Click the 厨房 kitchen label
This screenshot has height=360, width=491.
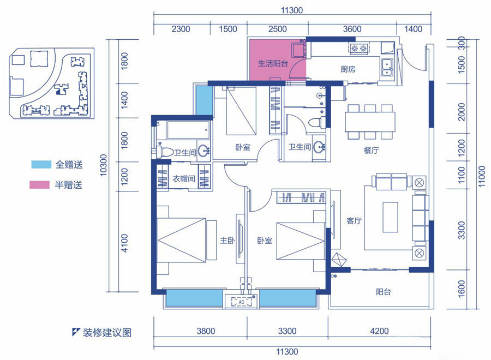348,69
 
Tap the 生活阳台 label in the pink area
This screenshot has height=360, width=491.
273,64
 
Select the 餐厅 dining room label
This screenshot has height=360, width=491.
371,150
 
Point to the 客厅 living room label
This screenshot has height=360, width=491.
354,221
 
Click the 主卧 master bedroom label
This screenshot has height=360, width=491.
227,241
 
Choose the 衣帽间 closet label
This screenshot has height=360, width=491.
184,179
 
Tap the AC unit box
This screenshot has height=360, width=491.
241,302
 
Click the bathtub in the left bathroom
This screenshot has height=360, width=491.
188,130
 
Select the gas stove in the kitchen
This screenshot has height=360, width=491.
359,48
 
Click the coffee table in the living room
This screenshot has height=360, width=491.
390,217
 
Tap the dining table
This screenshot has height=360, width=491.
370,122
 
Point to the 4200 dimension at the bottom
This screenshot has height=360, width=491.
379,331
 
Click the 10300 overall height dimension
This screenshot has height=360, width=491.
103,165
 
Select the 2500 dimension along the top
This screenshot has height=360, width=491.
278,29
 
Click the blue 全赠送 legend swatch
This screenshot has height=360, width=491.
41,164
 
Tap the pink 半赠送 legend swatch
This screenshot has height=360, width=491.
39,185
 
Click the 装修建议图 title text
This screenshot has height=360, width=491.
107,332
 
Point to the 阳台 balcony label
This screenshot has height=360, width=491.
384,292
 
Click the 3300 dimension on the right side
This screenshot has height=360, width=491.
462,230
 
